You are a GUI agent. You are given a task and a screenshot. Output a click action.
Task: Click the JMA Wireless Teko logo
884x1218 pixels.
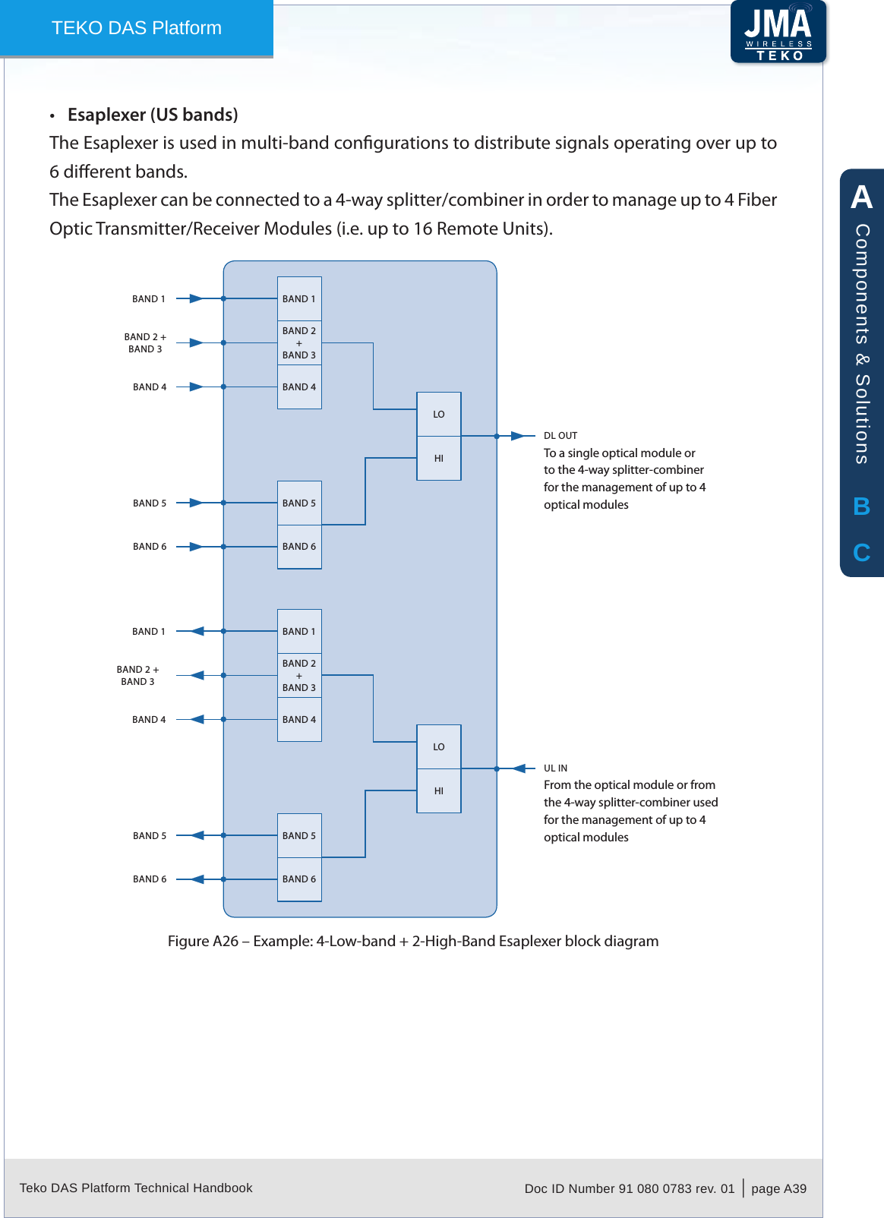tap(778, 32)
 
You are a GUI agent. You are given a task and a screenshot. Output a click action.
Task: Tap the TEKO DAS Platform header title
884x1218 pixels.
tap(137, 28)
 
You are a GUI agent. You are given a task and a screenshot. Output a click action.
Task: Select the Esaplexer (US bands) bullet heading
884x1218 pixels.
tap(152, 115)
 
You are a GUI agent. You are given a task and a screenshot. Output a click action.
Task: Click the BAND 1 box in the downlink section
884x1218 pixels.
tap(299, 298)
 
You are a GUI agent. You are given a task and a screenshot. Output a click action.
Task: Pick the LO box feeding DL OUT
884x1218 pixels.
tap(439, 414)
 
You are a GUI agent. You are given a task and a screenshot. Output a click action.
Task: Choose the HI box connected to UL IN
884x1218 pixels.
tap(439, 790)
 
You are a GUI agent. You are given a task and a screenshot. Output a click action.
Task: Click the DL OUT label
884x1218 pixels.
tap(560, 436)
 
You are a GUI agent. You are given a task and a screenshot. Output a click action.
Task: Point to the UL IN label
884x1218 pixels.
tap(555, 768)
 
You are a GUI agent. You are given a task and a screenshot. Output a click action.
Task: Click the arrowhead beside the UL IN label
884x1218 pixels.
tap(519, 768)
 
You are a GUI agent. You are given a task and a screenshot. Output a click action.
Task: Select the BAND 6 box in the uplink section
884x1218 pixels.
tap(299, 879)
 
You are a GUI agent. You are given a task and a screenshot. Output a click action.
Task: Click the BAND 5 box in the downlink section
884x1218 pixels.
tap(299, 503)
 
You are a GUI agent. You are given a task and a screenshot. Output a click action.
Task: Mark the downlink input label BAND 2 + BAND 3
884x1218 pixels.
tap(145, 342)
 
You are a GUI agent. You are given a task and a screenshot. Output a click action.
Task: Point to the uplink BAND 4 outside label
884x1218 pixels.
tap(149, 719)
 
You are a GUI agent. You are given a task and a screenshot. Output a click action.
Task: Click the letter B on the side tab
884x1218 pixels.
tap(861, 506)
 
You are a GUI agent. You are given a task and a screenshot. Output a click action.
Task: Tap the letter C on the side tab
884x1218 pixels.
tap(861, 553)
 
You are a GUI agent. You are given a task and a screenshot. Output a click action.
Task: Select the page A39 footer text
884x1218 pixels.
tap(778, 1188)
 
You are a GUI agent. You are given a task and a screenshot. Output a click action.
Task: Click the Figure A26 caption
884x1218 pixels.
tap(413, 941)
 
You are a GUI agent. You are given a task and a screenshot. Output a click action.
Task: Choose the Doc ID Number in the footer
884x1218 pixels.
tap(629, 1188)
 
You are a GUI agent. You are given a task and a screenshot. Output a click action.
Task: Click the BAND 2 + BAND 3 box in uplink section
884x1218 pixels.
tap(299, 675)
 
